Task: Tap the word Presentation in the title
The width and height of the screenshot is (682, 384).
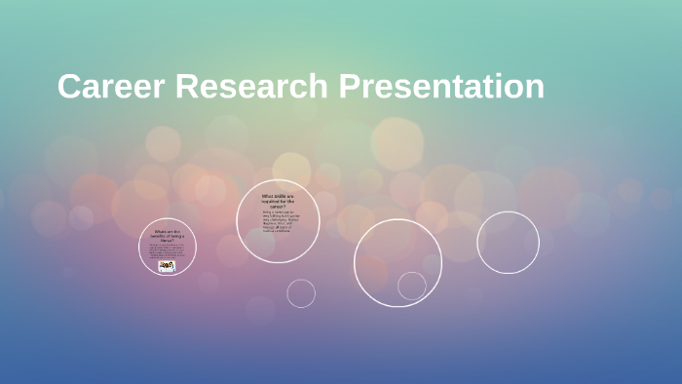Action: click(x=441, y=87)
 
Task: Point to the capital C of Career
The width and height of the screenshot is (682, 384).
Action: click(x=68, y=87)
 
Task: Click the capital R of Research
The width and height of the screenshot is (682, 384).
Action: click(x=188, y=87)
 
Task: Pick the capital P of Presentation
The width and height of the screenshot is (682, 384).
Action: click(x=349, y=87)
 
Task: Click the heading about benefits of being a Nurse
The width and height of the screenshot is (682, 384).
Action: click(x=168, y=235)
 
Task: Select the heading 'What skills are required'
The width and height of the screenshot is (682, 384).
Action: click(x=278, y=201)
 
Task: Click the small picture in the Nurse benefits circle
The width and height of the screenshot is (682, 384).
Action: click(x=168, y=266)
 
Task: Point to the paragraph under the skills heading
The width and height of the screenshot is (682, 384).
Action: click(x=280, y=223)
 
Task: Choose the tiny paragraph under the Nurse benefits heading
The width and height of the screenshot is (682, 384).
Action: click(x=168, y=250)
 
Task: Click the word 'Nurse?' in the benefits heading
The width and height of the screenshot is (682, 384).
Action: click(x=168, y=240)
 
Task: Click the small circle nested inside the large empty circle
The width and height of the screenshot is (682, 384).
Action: click(x=412, y=286)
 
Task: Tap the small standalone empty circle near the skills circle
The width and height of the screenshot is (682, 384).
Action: click(x=301, y=293)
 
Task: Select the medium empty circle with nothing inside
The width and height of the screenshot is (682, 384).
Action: click(x=508, y=243)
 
